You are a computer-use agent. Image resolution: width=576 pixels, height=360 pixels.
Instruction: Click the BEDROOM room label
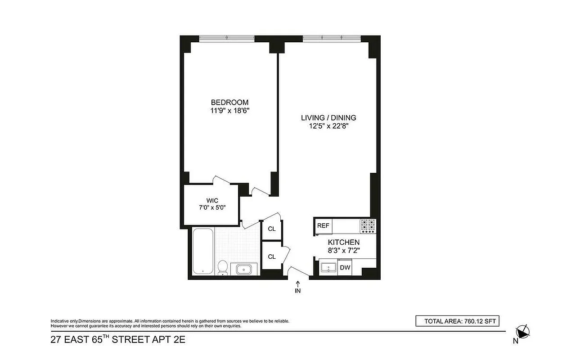pyautogui.click(x=229, y=102)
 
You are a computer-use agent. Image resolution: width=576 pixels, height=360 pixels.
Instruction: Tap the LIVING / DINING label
pyautogui.click(x=328, y=118)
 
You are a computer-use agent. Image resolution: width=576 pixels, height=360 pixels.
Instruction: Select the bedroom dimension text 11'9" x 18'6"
pyautogui.click(x=229, y=110)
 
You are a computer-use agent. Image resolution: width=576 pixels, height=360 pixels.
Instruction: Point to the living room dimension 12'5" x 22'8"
pyautogui.click(x=328, y=126)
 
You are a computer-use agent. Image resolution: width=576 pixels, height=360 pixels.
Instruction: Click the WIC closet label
pyautogui.click(x=212, y=200)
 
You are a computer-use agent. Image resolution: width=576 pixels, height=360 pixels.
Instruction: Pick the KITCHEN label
pyautogui.click(x=344, y=242)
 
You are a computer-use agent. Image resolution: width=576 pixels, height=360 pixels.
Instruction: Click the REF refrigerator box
pyautogui.click(x=323, y=226)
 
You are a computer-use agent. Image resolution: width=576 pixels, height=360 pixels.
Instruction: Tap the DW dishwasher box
pyautogui.click(x=345, y=268)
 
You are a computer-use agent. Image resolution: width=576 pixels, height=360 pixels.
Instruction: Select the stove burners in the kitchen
pyautogui.click(x=368, y=225)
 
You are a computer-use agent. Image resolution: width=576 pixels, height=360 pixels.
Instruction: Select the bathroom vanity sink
pyautogui.click(x=244, y=269)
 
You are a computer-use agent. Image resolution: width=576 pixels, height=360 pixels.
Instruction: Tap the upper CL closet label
pyautogui.click(x=272, y=229)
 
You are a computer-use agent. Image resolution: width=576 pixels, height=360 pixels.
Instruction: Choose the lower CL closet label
pyautogui.click(x=272, y=256)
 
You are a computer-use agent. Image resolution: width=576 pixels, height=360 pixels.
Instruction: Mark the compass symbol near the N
pyautogui.click(x=522, y=332)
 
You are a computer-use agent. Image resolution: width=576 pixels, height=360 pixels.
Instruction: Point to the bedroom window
pyautogui.click(x=226, y=38)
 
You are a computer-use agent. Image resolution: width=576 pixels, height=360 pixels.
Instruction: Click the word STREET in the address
pyautogui.click(x=131, y=340)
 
